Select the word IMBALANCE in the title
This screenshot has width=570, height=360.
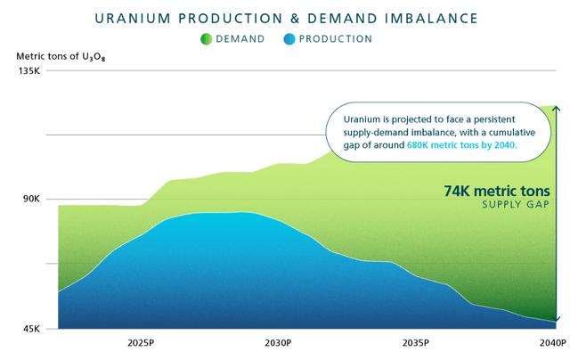pyautogui.click(x=422, y=18)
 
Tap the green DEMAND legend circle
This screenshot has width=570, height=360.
pyautogui.click(x=207, y=39)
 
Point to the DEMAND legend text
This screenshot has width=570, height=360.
pyautogui.click(x=240, y=39)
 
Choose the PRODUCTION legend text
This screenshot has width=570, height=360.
pyautogui.click(x=336, y=39)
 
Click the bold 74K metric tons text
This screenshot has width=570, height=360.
pyautogui.click(x=496, y=191)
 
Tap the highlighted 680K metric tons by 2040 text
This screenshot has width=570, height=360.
pyautogui.click(x=461, y=144)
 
